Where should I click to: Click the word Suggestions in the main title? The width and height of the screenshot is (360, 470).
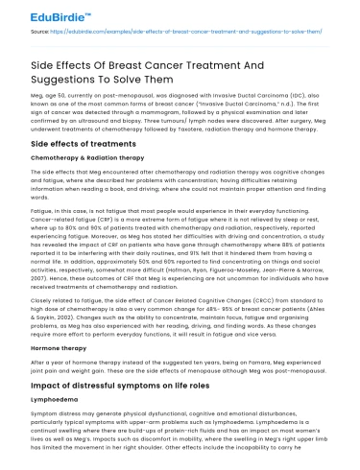click(x=64, y=80)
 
